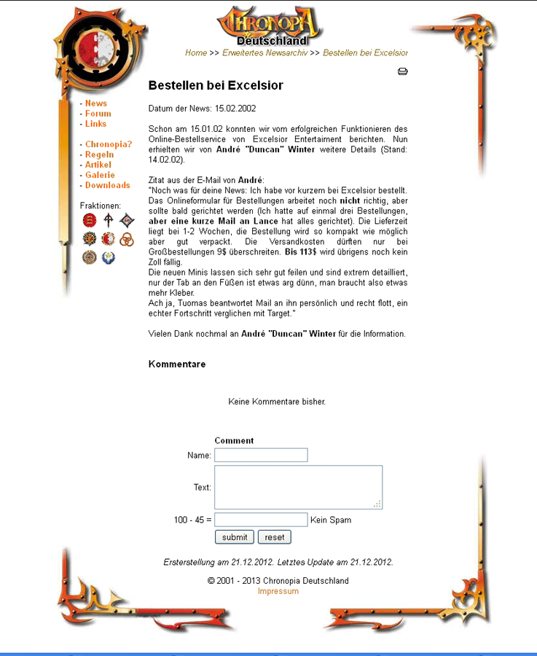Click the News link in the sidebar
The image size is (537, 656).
click(96, 104)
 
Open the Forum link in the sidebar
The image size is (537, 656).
click(98, 114)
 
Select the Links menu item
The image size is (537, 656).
click(95, 124)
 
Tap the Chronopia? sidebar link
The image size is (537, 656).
click(109, 144)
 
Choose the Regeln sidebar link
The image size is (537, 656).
click(99, 155)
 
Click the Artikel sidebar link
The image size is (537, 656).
click(98, 165)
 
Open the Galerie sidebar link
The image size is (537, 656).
click(100, 175)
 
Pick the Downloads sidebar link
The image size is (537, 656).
click(107, 185)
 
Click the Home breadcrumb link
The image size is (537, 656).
click(196, 53)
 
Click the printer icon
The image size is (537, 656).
click(402, 71)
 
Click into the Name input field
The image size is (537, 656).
click(261, 455)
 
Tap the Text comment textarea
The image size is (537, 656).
click(298, 487)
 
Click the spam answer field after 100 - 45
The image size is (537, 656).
click(261, 520)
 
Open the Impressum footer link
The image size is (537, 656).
click(278, 591)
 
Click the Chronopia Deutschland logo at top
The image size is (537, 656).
click(270, 26)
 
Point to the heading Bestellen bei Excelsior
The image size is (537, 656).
click(216, 85)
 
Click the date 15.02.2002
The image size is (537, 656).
click(235, 109)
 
